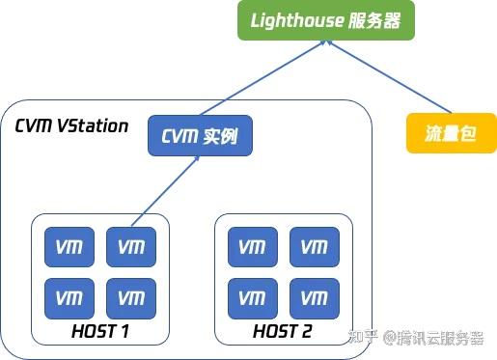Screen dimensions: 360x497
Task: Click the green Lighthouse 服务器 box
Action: [x=327, y=20]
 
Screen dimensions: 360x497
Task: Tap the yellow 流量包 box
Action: [x=451, y=133]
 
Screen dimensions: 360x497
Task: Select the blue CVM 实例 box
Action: [x=199, y=136]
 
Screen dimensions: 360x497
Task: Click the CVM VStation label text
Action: [x=72, y=126]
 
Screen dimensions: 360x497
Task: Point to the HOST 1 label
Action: [x=100, y=332]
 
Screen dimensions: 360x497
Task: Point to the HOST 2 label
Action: [x=283, y=332]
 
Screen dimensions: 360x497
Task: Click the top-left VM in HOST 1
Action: [x=69, y=248]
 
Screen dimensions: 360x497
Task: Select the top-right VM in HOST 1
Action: [x=130, y=248]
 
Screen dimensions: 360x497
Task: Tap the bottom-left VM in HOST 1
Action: [x=69, y=297]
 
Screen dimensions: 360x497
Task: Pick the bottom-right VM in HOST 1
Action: [x=130, y=297]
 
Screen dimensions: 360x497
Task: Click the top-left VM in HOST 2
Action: [x=252, y=248]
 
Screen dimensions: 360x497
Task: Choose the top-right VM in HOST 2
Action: [x=314, y=248]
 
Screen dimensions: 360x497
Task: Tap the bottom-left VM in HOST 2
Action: [x=252, y=297]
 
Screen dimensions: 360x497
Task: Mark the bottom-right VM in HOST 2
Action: [x=314, y=297]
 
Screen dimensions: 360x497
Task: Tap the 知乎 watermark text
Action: [x=362, y=337]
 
